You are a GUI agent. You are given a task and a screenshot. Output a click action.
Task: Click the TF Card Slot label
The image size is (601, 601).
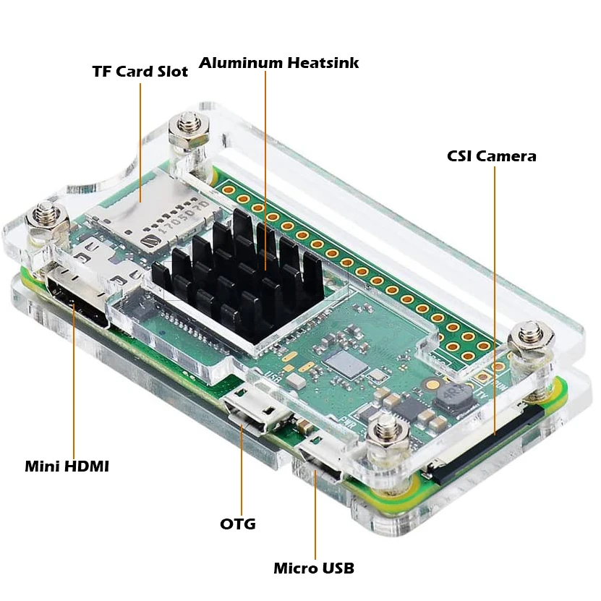point(140,72)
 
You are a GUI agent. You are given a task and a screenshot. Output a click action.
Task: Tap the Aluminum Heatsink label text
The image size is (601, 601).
point(278,63)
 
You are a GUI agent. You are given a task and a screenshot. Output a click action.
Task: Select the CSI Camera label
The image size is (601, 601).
point(491,155)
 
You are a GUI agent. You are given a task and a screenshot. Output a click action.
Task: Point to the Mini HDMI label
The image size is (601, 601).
point(67,466)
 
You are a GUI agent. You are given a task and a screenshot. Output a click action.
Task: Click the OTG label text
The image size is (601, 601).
point(238,524)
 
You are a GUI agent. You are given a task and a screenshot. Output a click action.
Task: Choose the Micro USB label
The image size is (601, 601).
point(314,568)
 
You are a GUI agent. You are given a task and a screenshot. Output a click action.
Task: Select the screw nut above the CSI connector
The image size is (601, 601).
point(531,341)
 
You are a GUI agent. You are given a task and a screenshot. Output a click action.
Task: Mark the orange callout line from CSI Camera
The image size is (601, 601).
point(495,289)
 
